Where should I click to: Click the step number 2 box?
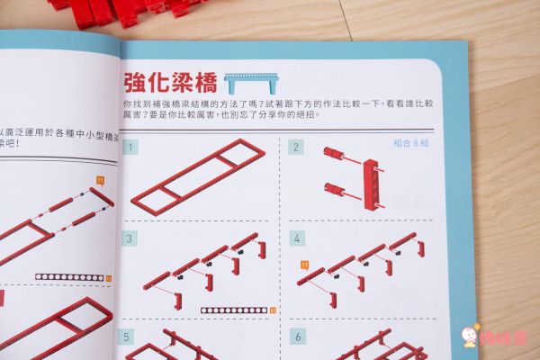click(295, 147)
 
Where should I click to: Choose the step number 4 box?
click(295, 238)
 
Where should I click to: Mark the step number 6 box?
click(295, 337)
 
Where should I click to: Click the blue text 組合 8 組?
click(411, 142)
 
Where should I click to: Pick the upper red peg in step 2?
click(341, 156)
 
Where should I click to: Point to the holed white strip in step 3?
click(233, 310)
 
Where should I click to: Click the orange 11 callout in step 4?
click(303, 263)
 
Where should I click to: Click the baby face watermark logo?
click(469, 337)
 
